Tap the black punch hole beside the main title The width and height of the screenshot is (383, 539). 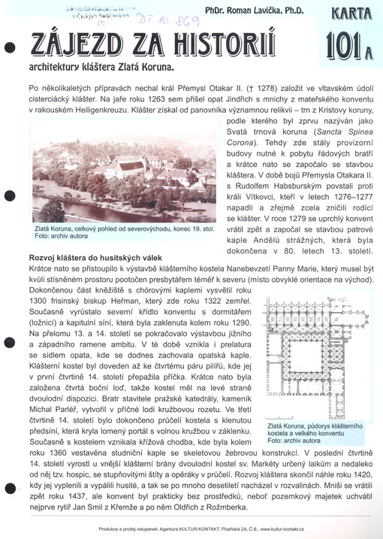tap(9, 47)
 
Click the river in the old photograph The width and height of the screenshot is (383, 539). tap(113, 204)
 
